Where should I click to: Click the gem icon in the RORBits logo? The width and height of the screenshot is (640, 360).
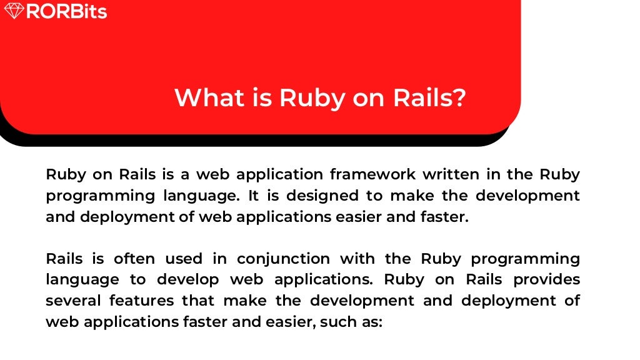pyautogui.click(x=14, y=11)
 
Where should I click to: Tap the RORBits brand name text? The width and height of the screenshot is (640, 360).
pyautogui.click(x=66, y=11)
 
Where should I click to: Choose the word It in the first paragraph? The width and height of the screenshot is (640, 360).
pyautogui.click(x=253, y=196)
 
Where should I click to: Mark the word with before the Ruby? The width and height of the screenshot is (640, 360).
pyautogui.click(x=356, y=259)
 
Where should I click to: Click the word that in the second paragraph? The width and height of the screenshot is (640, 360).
pyautogui.click(x=197, y=301)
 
